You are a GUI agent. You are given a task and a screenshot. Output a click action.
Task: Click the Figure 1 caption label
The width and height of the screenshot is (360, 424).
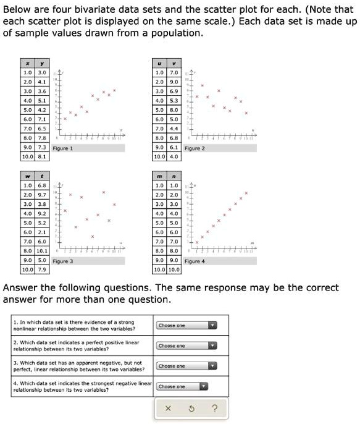(x=63, y=148)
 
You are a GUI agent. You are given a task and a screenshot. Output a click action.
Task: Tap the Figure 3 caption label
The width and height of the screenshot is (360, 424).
(x=63, y=261)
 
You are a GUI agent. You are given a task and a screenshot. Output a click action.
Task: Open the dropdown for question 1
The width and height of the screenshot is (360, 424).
(x=186, y=325)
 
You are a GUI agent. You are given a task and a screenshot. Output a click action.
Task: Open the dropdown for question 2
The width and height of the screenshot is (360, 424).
(x=186, y=346)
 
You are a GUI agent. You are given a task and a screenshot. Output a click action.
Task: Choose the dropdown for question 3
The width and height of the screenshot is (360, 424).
(x=186, y=366)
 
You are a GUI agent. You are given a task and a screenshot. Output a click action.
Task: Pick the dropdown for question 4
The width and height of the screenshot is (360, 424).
(x=186, y=386)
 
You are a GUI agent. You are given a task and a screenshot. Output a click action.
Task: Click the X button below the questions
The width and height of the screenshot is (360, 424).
(x=168, y=408)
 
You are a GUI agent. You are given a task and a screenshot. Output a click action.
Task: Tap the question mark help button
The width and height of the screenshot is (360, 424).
(x=214, y=408)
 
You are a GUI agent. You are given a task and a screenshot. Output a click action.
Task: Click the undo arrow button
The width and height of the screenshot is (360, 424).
(x=191, y=408)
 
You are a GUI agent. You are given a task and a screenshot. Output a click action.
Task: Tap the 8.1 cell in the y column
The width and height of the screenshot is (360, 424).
(x=41, y=157)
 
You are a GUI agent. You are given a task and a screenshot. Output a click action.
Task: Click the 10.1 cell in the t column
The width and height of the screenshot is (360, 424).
(x=41, y=251)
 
